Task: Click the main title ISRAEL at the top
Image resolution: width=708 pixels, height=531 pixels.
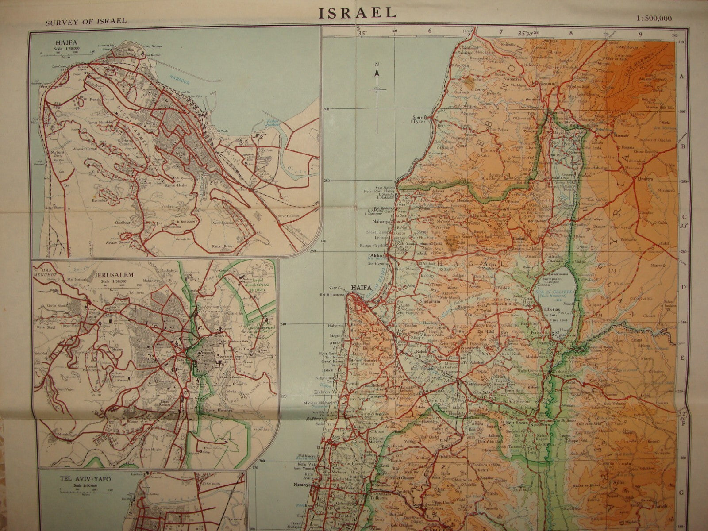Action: tap(358, 12)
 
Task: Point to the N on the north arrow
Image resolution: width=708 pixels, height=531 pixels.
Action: tap(377, 64)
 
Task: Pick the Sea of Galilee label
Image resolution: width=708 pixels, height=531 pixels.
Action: tap(549, 291)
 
